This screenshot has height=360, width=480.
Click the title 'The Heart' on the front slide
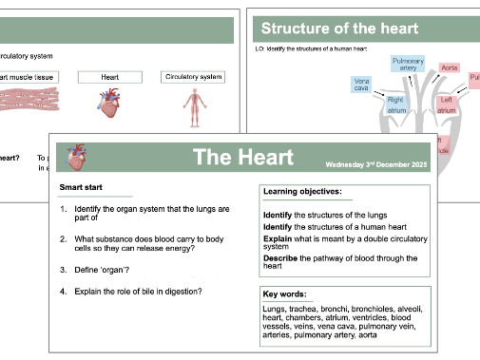243,157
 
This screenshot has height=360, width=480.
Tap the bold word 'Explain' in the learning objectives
278,237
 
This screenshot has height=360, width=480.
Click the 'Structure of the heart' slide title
339,28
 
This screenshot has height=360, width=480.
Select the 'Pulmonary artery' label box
408,65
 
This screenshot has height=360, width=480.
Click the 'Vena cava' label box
361,86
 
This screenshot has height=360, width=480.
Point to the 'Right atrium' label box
396,104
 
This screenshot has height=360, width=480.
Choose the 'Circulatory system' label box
194,76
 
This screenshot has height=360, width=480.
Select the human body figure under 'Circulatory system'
194,107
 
